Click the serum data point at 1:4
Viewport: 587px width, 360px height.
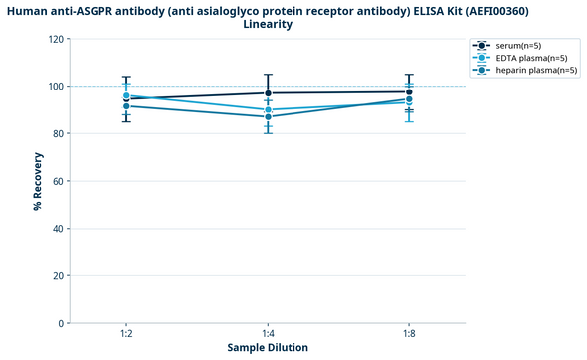click(x=268, y=93)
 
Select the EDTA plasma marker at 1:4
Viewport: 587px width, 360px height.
click(x=268, y=109)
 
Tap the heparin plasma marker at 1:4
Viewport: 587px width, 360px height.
click(x=268, y=117)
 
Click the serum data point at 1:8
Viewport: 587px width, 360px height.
click(x=409, y=91)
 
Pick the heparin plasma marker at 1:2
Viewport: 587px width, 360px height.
click(x=127, y=106)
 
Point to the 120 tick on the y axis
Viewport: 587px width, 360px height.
click(x=53, y=39)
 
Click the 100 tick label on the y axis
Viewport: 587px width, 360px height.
click(x=53, y=87)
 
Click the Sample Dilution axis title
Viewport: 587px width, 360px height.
click(x=268, y=348)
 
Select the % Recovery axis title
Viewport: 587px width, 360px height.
click(x=37, y=181)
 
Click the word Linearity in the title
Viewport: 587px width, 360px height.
click(x=268, y=24)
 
